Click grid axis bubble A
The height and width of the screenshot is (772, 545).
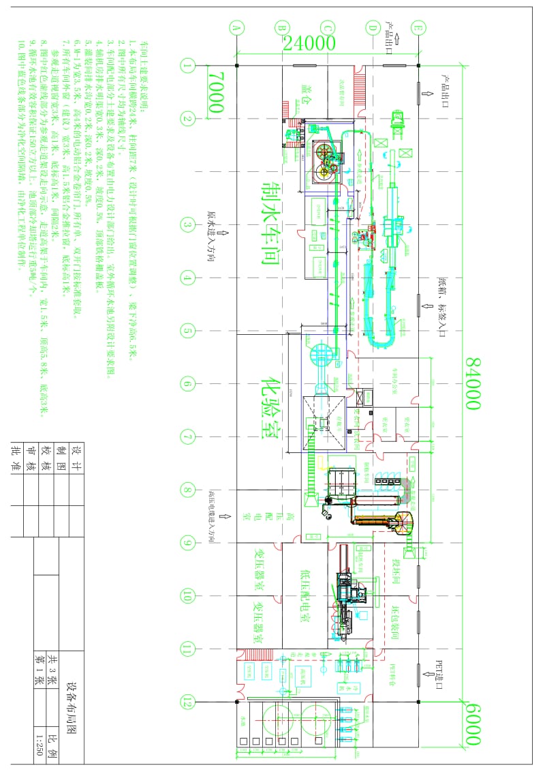[236, 29]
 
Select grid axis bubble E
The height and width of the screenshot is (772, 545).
[418, 29]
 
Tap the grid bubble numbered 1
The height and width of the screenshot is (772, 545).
[187, 65]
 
